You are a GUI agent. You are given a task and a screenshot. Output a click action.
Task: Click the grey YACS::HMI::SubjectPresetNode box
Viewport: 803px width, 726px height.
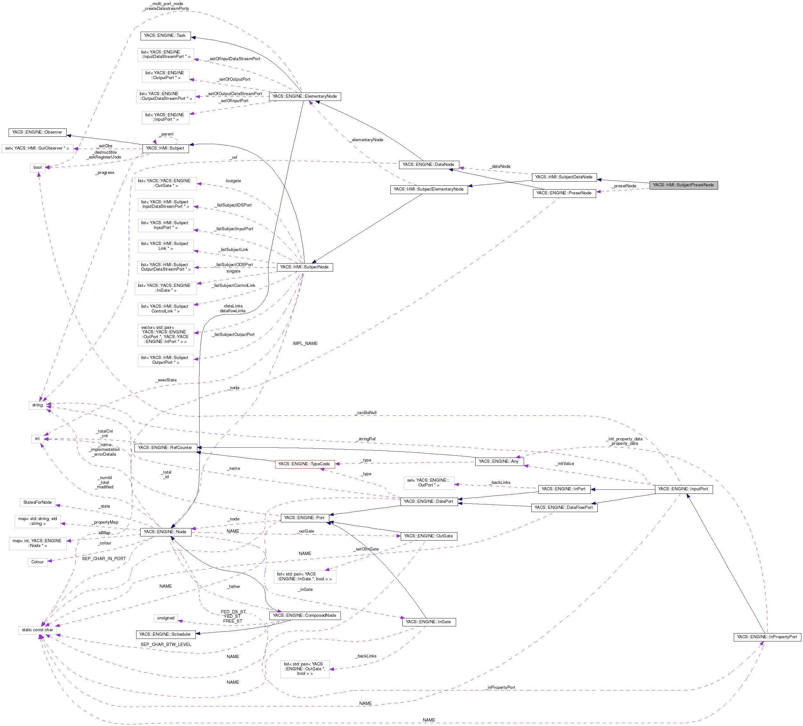coord(683,185)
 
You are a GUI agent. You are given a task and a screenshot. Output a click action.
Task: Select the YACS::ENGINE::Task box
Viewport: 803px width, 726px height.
coord(165,36)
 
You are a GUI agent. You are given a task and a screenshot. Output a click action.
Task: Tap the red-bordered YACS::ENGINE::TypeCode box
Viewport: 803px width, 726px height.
coord(304,464)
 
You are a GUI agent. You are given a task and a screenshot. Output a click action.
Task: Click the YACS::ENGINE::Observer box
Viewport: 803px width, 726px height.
coord(37,132)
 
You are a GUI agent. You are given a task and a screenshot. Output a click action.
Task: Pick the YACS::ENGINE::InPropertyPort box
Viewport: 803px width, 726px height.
coord(767,637)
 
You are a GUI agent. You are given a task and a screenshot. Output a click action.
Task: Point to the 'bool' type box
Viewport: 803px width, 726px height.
coord(37,168)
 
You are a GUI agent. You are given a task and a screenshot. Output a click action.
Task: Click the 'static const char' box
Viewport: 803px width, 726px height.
coord(37,630)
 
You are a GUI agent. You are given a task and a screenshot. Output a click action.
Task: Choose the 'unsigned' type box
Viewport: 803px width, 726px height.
coord(166,618)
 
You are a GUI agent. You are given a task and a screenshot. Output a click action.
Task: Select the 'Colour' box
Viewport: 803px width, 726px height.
coord(37,562)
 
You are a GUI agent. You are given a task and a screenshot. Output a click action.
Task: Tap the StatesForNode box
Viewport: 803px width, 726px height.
coord(37,502)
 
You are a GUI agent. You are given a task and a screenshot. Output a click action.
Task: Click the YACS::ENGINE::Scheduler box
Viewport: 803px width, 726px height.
coord(165,634)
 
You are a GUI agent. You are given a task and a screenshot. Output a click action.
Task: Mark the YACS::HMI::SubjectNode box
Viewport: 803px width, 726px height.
coord(304,267)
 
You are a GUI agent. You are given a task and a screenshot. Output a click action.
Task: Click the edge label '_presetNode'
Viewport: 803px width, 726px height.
coord(624,186)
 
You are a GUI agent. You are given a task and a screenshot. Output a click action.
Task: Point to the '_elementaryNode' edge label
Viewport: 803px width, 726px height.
coord(366,140)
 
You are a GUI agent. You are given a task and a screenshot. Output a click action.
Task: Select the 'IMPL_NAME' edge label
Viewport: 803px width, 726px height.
coord(305,343)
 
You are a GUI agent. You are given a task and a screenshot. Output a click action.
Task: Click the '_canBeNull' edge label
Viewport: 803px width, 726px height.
coord(366,412)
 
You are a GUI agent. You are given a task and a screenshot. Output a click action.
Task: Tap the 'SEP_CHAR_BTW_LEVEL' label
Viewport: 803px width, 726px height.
coord(166,644)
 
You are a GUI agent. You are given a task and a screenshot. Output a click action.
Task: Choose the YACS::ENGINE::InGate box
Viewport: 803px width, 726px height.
coord(429,622)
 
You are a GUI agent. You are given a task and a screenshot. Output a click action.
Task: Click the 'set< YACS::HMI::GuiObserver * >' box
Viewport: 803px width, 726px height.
coord(37,149)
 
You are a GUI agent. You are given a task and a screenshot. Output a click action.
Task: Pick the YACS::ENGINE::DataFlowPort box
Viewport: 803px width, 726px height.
coord(564,508)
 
